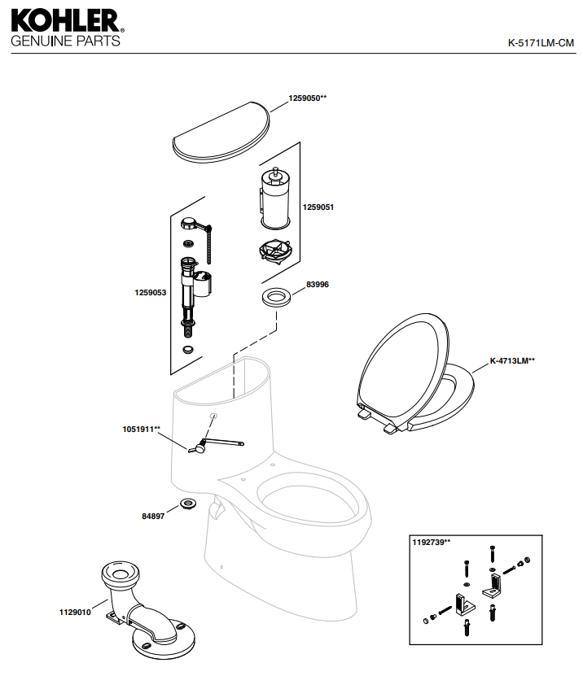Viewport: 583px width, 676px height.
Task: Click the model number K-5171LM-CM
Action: pos(541,43)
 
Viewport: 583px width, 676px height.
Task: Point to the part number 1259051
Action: pos(318,207)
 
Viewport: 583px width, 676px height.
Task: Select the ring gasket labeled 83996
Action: pos(276,295)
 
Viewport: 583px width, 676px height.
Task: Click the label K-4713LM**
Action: pos(512,360)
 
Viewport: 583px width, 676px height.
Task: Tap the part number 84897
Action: pos(153,516)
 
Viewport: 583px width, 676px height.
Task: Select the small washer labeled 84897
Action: pos(187,504)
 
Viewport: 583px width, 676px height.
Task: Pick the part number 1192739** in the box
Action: pos(432,543)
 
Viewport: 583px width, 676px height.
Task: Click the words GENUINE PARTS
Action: pos(65,40)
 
